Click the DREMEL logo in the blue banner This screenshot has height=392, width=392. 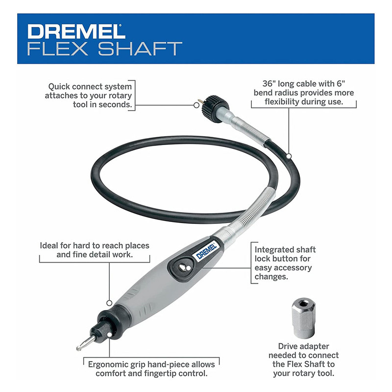click(76, 31)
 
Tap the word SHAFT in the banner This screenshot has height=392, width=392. click(140, 49)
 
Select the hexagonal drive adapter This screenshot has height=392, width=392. click(303, 318)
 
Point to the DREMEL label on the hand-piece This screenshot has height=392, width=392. click(206, 252)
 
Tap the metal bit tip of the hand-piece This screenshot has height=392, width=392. click(85, 343)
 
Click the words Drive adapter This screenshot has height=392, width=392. click(303, 346)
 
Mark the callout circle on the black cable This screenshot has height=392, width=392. click(289, 156)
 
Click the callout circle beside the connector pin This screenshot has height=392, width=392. click(196, 105)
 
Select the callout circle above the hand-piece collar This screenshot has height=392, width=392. click(109, 303)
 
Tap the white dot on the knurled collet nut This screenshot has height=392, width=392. click(109, 335)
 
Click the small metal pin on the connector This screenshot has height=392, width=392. click(200, 101)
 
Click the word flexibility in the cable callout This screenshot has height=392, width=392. click(282, 102)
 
